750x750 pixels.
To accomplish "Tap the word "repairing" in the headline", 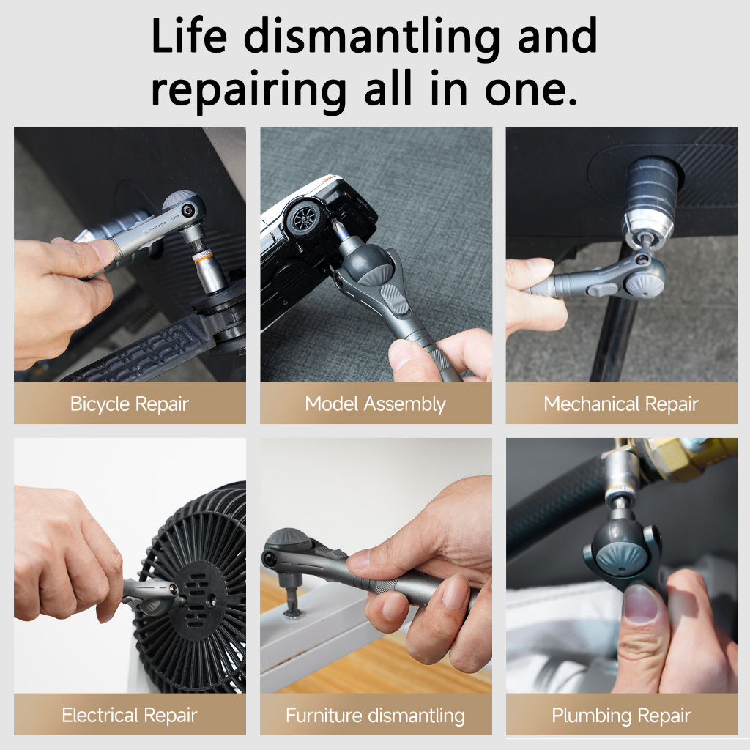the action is [x=248, y=90].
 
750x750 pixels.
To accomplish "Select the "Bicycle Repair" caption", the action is [x=130, y=404].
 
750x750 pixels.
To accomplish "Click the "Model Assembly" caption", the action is [x=376, y=404].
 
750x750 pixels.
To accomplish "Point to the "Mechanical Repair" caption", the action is [x=621, y=404].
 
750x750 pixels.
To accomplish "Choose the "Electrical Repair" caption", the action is [x=130, y=716].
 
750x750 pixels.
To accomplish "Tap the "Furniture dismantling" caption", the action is [x=376, y=716].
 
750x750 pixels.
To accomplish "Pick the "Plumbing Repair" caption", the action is [x=621, y=716].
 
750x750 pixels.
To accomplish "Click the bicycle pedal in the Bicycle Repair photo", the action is [x=138, y=352].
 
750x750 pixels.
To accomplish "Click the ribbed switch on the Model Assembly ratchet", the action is [x=396, y=299].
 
